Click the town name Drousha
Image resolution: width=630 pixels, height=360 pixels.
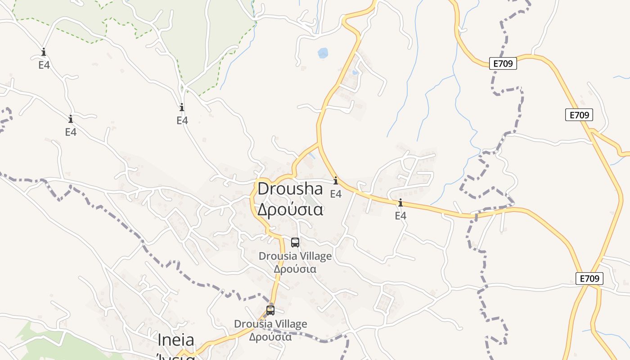coord(290,189)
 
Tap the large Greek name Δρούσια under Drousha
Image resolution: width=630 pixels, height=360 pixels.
coord(290,210)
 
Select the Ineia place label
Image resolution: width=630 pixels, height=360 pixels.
coord(175,340)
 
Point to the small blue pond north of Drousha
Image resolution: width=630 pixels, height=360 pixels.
coord(323,53)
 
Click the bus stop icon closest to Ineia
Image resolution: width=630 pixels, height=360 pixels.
coord(270,310)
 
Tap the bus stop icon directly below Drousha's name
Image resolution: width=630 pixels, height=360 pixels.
coord(295,242)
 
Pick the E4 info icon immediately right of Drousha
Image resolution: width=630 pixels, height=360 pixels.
coord(336,181)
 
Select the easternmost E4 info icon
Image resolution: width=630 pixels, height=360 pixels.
coord(400,203)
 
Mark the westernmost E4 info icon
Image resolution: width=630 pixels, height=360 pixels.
coord(44,52)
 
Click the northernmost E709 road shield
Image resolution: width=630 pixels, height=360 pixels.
coord(503,63)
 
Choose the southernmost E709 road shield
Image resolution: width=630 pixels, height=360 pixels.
coord(589,279)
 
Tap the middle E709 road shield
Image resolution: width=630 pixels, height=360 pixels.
coord(579,115)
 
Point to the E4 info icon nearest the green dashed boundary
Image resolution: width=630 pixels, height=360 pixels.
coord(182,108)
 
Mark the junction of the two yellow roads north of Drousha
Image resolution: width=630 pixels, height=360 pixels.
coord(319,144)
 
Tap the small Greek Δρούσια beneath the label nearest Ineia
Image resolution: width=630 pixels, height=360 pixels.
coord(270,337)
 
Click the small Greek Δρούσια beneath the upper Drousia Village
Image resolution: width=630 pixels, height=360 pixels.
coord(295,269)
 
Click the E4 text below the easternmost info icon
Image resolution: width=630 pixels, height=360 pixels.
coord(400,216)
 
